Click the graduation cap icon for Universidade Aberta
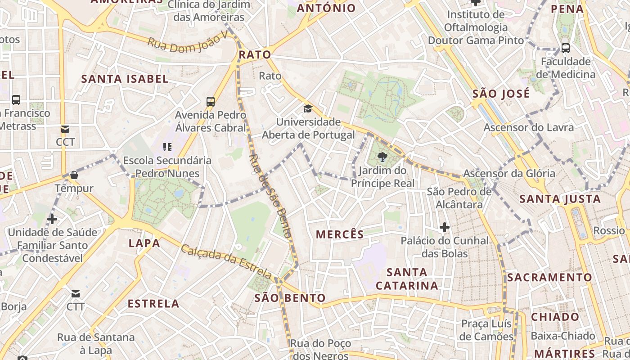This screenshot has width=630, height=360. point(308,108)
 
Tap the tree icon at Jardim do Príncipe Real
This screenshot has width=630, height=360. point(382,157)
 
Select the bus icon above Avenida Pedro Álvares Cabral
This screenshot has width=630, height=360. point(211,101)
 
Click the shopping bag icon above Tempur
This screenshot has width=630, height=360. point(74,175)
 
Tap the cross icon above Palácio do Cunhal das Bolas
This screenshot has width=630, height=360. point(445,227)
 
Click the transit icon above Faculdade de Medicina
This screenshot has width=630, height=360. point(566,48)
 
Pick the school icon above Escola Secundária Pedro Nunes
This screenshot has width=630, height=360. point(167,147)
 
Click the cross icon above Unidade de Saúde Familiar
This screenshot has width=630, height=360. point(52,219)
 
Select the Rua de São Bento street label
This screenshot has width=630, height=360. point(270,196)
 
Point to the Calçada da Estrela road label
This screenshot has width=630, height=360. point(227,261)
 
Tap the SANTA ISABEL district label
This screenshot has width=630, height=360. point(125,79)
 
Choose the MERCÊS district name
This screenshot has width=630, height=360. point(340,234)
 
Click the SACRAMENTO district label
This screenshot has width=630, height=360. point(549,277)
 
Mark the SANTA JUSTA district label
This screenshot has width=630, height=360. point(560,199)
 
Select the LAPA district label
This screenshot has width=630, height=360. point(144,243)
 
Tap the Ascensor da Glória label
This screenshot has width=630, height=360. point(509,173)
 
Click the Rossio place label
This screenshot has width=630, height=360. point(609,231)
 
